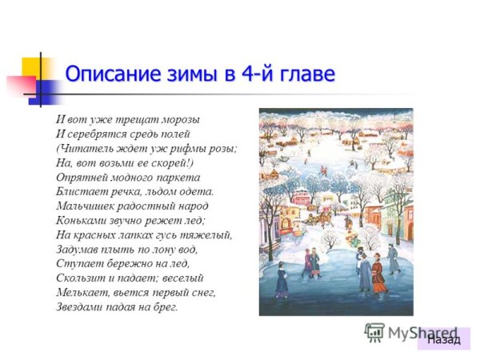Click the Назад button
tap(444, 339)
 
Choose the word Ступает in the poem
tap(79, 263)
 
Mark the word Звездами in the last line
tap(82, 306)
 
